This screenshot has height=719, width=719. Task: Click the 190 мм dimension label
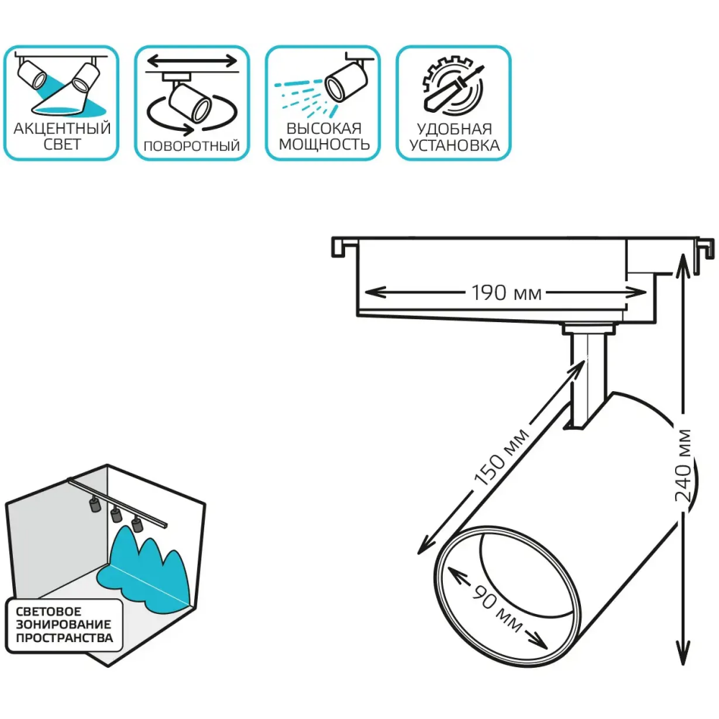click(507, 293)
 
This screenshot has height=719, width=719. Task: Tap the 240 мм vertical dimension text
click(683, 465)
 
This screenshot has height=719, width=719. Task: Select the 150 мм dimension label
click(501, 457)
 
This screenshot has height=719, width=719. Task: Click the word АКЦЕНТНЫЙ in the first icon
click(62, 129)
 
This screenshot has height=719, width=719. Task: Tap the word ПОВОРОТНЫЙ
click(192, 146)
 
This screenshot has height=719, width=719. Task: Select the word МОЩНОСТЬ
click(324, 145)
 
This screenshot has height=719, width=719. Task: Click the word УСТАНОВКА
click(454, 145)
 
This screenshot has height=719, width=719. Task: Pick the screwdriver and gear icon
click(453, 86)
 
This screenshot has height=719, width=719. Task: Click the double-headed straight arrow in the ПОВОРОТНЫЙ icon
click(192, 60)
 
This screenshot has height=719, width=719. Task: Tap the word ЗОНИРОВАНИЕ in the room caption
click(64, 624)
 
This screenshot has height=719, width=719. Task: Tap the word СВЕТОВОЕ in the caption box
click(49, 611)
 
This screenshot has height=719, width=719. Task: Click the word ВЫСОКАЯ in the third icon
click(324, 129)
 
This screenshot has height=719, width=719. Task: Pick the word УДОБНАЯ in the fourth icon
click(454, 129)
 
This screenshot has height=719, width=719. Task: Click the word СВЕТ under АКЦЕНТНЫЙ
click(63, 144)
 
